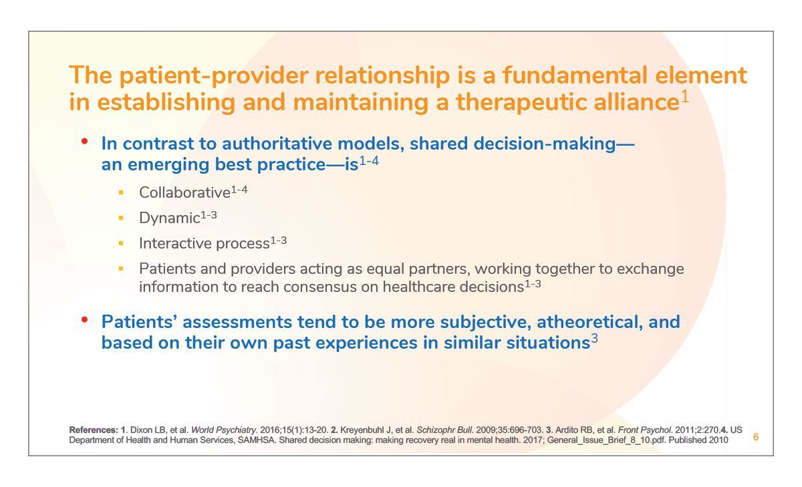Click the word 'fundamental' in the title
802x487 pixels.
click(x=575, y=75)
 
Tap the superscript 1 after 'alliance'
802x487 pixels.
click(x=684, y=98)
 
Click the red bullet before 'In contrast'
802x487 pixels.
click(x=84, y=142)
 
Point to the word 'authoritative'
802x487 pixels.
click(x=277, y=144)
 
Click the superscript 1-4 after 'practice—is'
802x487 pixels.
click(x=369, y=161)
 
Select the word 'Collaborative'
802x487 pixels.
click(x=184, y=193)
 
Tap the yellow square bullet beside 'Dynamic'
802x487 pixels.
click(x=121, y=218)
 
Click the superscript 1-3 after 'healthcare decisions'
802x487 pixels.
click(x=533, y=285)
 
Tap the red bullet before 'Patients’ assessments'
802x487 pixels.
click(x=84, y=319)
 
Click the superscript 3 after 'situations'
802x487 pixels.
click(x=594, y=339)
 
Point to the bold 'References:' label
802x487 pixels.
click(x=94, y=430)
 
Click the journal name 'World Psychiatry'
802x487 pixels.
click(x=223, y=430)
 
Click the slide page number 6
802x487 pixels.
click(x=756, y=437)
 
